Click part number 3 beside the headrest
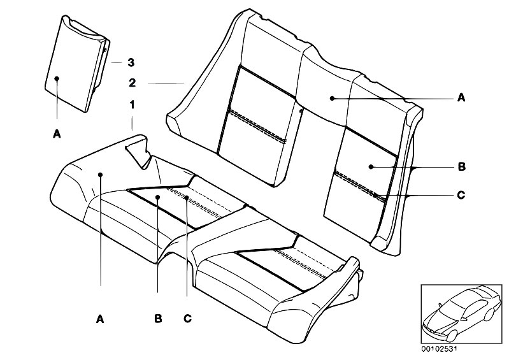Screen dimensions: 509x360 pos(131,62)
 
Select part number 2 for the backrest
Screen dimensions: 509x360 pos(132,83)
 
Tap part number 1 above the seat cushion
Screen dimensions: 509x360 pos(132,104)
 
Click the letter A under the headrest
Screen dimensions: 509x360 pos(57,134)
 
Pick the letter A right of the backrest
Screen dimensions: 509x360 pos(461,97)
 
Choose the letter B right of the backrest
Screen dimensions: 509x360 pos(461,167)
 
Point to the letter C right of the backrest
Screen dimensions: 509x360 pos(461,195)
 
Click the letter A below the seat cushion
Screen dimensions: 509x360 pos(100,319)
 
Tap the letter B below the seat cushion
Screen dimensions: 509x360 pos(158,319)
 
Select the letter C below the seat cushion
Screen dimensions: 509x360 pos(187,319)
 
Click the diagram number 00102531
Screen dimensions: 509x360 pos(439,349)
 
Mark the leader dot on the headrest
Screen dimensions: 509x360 pos(57,78)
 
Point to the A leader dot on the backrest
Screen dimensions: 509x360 pos(332,97)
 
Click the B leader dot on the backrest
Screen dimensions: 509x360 pos(371,167)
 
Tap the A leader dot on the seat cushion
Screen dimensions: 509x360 pos(100,175)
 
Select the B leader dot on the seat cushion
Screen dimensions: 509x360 pos(157,197)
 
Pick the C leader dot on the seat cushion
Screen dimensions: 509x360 pos(187,197)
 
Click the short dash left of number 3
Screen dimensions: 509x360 pos(116,62)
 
